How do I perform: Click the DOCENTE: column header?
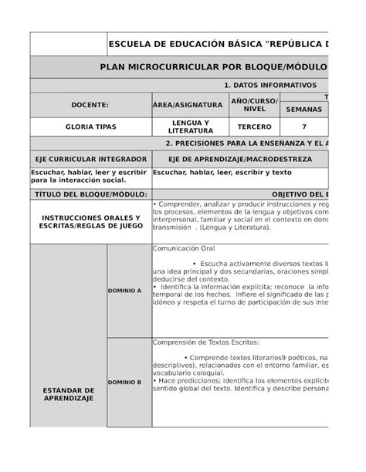coord(90,104)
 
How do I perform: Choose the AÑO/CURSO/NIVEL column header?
coord(254,104)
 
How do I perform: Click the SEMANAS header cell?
coord(303,110)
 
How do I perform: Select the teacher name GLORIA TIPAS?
coord(90,126)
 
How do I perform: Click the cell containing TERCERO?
coord(254,126)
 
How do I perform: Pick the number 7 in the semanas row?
coord(303,126)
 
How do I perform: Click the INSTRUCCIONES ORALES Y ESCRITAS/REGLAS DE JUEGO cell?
coord(90,221)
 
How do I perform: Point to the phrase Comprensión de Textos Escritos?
coord(206,342)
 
